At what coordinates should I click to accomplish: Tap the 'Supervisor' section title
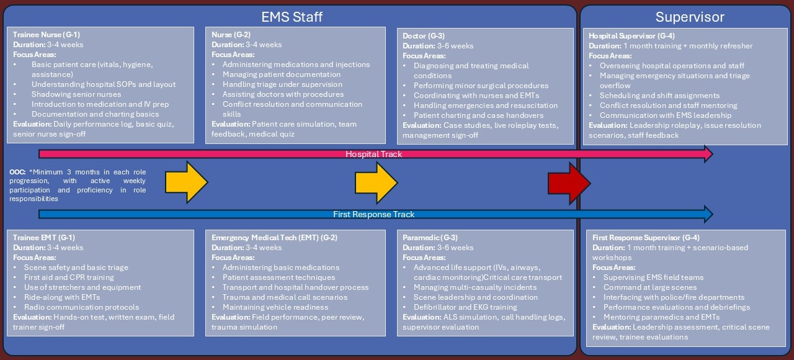click(x=690, y=17)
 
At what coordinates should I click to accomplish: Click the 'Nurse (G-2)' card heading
click(x=231, y=35)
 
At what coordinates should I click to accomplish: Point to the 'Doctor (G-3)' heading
click(x=424, y=36)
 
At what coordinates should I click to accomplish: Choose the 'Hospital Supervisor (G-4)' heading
click(x=631, y=36)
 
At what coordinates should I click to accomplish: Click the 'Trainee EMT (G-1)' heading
click(x=44, y=238)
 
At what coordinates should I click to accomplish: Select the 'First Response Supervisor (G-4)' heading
click(x=645, y=238)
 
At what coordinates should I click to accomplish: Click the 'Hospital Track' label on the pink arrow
click(x=373, y=154)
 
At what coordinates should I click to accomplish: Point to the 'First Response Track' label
click(x=373, y=214)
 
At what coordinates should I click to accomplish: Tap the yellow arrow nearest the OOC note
click(x=186, y=183)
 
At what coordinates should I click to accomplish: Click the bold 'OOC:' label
click(x=17, y=171)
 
